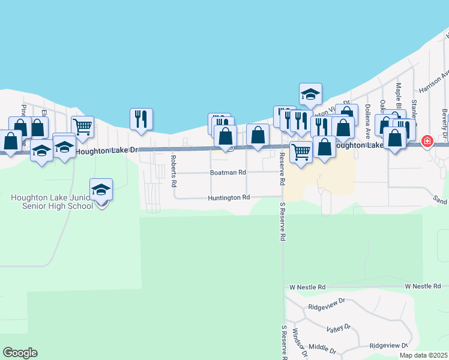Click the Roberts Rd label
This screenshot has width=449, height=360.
coord(173,169)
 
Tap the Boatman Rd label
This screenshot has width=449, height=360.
coord(228,173)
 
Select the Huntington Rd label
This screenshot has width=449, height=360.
coord(229,197)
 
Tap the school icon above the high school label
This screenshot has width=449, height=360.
coord(101,190)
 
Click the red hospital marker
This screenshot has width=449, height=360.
coord(427,142)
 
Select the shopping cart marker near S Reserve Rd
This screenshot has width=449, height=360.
coord(301,151)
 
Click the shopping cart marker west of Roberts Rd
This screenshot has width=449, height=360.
coord(82,126)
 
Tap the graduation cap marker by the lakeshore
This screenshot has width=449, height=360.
coord(310,94)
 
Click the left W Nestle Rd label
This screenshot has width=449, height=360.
coord(307,287)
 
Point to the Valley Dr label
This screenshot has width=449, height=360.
coord(339,328)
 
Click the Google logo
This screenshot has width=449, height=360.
coord(20,353)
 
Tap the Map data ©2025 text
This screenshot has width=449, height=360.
coord(423,355)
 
